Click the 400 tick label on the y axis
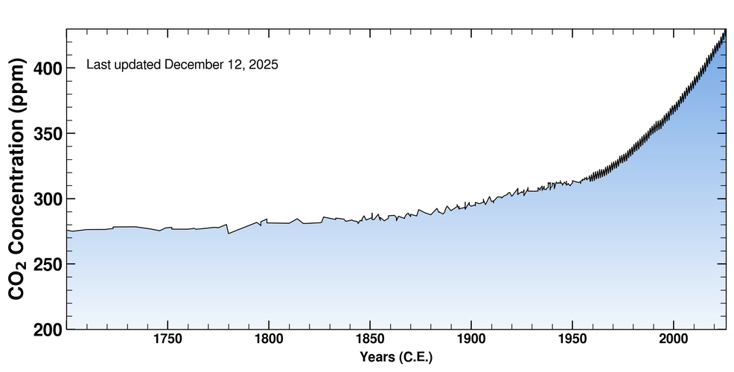[x=48, y=68]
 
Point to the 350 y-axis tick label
[x=48, y=134]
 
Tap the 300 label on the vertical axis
[x=48, y=199]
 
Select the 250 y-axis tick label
[x=48, y=264]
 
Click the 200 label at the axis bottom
[x=48, y=328]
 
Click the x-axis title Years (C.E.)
[x=395, y=358]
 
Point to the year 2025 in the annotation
[x=263, y=65]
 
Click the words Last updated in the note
[x=124, y=65]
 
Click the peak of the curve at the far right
[x=724, y=31]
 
